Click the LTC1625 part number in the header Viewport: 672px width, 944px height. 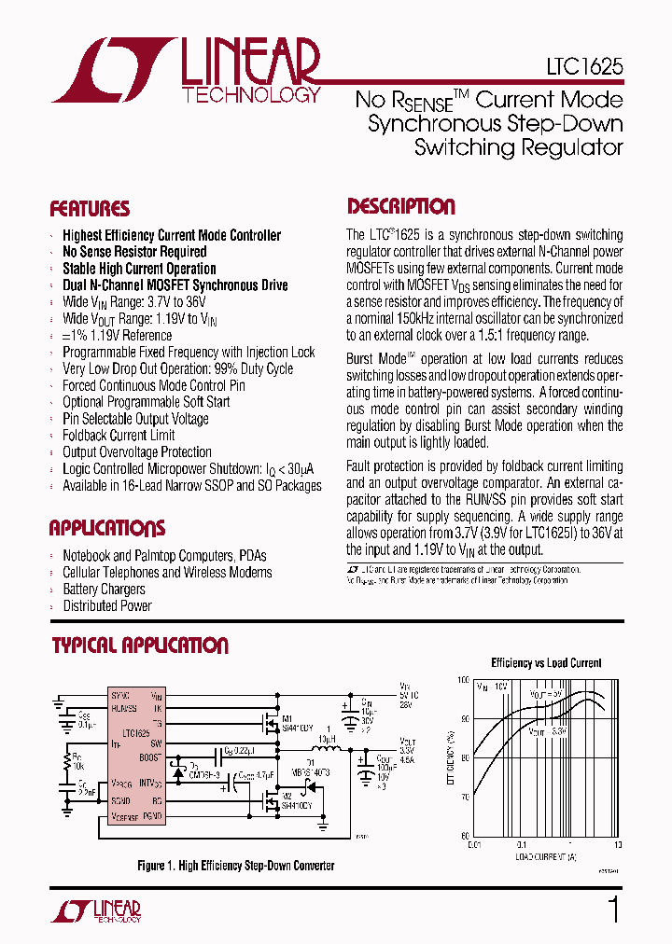[x=584, y=69]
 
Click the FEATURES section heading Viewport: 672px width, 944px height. [x=90, y=209]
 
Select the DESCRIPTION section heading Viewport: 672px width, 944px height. [x=401, y=206]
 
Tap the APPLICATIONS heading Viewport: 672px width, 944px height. [x=106, y=528]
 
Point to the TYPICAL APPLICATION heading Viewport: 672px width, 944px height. [x=139, y=645]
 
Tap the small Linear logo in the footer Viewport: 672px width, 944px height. [x=105, y=911]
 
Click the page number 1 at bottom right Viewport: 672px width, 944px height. [x=613, y=909]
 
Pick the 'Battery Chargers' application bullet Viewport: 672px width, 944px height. [x=104, y=590]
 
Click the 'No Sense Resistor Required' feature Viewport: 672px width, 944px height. [x=134, y=252]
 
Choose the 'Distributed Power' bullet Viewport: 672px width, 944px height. [x=107, y=606]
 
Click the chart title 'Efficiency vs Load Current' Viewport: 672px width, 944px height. [x=546, y=663]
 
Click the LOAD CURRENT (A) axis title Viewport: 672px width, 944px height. [x=545, y=855]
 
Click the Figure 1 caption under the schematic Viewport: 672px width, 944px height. [x=235, y=866]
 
